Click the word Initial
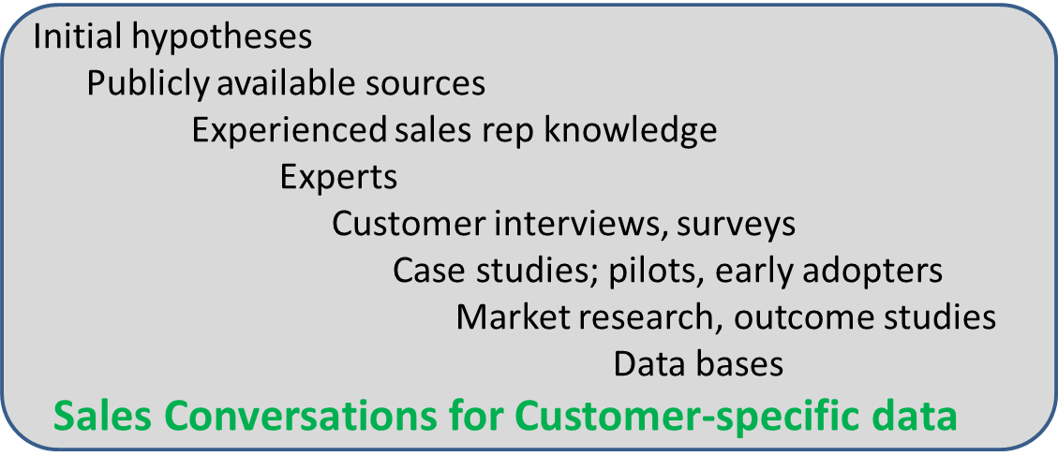coord(78,37)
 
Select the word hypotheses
coord(221,39)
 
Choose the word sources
coord(428,86)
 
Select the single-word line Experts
coord(338,180)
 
